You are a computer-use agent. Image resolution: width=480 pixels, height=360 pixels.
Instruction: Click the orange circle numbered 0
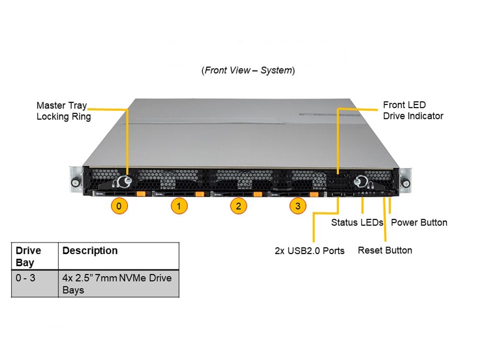[118, 205]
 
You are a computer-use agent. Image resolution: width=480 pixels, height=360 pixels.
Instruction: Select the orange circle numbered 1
[179, 205]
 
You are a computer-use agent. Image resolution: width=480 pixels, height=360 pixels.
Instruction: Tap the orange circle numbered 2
[238, 205]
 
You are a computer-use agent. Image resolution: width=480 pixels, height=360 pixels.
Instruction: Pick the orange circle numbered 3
[298, 205]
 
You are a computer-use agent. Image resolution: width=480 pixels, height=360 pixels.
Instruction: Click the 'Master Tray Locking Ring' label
[63, 111]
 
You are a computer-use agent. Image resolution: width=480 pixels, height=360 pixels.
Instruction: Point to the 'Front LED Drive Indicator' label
[413, 110]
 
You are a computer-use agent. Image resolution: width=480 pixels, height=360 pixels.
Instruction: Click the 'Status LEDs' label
[357, 222]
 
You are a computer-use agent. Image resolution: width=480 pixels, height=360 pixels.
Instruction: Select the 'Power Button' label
[419, 222]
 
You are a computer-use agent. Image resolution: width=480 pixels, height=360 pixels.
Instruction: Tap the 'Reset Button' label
[385, 250]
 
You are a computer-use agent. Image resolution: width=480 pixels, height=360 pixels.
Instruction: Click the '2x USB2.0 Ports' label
[309, 250]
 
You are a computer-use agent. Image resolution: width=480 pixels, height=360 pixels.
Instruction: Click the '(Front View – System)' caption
[248, 70]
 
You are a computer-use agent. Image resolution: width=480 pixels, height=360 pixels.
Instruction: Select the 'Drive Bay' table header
[28, 256]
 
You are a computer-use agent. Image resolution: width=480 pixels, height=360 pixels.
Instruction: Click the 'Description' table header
[90, 251]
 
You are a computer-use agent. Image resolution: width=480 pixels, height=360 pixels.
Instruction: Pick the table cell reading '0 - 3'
[25, 278]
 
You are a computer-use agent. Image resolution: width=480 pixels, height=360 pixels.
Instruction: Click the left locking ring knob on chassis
[123, 181]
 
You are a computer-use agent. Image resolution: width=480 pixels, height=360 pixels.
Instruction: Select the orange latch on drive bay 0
[140, 194]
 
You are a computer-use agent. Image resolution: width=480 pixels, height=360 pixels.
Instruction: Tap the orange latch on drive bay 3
[314, 194]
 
